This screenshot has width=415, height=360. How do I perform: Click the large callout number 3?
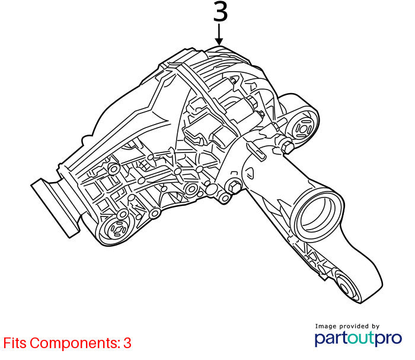pos(221,12)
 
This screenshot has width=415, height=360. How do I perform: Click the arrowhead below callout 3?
pos(219,42)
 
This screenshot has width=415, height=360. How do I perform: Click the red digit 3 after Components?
pos(127,343)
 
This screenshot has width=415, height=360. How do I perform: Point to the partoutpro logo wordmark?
pos(358,338)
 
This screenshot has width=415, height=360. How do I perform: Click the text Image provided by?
pos(347,326)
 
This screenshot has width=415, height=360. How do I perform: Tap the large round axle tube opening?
pos(318,215)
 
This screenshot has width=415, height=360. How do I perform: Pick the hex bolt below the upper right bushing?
pos(287,147)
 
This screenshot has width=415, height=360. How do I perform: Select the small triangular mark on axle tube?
pos(250,173)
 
